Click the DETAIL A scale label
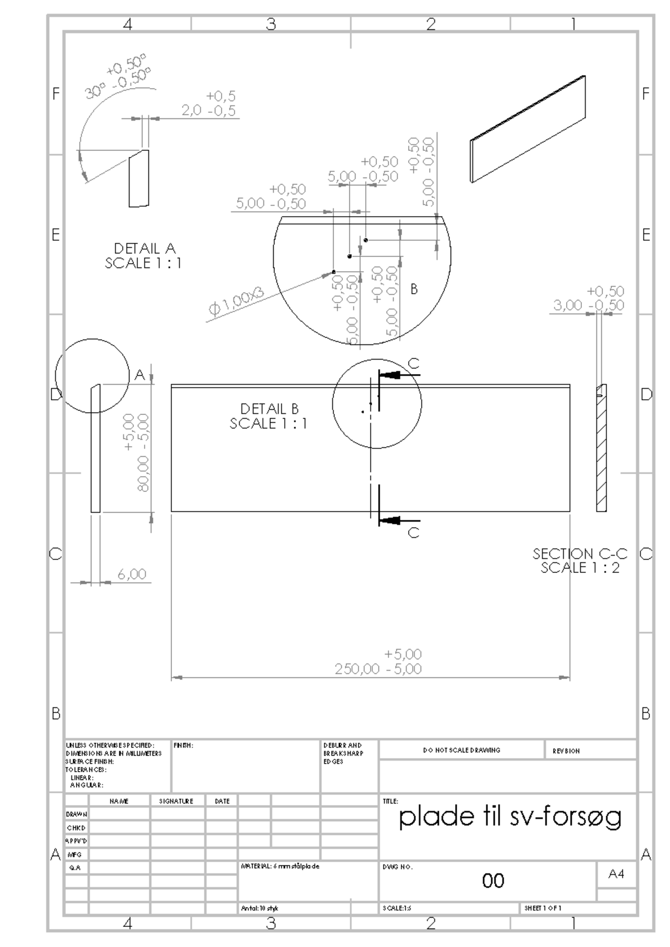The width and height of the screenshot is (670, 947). (x=143, y=256)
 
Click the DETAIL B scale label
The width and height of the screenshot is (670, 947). (x=269, y=417)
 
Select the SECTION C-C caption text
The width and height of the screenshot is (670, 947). (x=580, y=561)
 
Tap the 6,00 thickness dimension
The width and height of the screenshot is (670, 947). (x=132, y=574)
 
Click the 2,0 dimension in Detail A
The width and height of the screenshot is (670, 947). (x=192, y=111)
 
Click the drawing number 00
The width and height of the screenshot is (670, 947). (x=493, y=881)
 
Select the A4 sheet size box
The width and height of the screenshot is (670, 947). (x=616, y=874)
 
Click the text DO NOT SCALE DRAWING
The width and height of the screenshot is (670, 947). (x=462, y=750)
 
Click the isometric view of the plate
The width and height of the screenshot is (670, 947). (x=528, y=129)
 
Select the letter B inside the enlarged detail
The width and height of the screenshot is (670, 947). (x=414, y=289)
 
